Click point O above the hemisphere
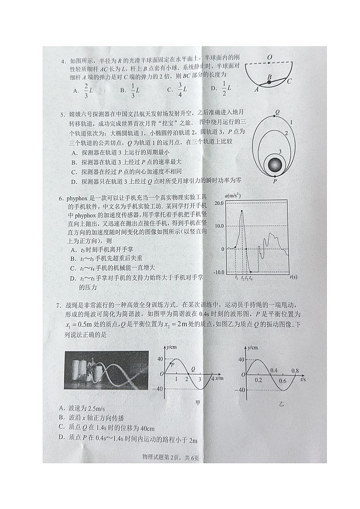pyautogui.click(x=269, y=58)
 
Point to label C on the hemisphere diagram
pyautogui.click(x=289, y=81)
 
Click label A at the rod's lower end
pyautogui.click(x=256, y=89)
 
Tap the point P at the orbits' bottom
pyautogui.click(x=274, y=180)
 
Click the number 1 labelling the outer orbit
pyautogui.click(x=290, y=122)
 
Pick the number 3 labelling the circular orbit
pyautogui.click(x=280, y=151)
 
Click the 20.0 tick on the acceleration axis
pyautogui.click(x=219, y=204)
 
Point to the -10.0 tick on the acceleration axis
pyautogui.click(x=219, y=272)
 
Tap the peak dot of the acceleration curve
pyautogui.click(x=242, y=211)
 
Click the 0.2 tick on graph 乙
pyautogui.click(x=258, y=379)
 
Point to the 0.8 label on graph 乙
pyautogui.click(x=295, y=371)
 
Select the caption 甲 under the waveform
pyautogui.click(x=197, y=401)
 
